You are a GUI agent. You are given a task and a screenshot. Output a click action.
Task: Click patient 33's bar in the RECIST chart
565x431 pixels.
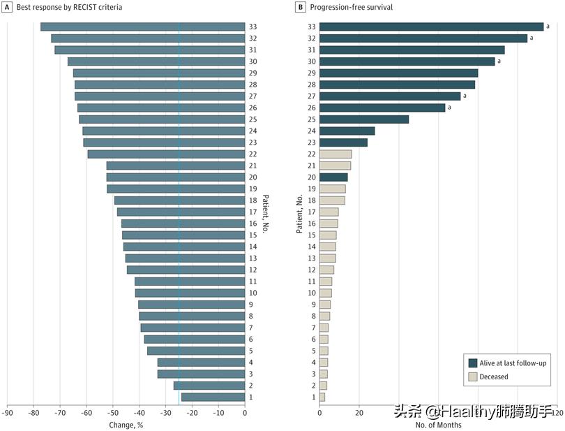coord(142,27)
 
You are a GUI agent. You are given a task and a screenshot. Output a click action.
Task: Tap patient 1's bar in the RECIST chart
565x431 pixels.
coord(213,397)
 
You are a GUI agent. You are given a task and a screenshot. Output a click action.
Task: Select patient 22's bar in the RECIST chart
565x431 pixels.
coord(166,154)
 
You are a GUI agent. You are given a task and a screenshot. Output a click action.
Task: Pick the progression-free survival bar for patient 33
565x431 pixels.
coord(431,27)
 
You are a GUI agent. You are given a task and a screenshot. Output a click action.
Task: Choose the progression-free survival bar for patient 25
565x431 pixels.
coord(364,119)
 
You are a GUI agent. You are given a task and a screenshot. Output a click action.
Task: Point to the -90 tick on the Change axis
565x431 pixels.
coord(7,413)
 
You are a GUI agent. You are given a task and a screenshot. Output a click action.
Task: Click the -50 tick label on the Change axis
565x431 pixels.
coord(113,413)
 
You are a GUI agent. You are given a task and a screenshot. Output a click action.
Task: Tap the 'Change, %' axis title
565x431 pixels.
coord(126,424)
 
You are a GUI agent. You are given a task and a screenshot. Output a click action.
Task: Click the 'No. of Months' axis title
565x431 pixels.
coord(438,424)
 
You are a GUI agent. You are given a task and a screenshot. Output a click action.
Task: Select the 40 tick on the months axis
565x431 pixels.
coord(399,413)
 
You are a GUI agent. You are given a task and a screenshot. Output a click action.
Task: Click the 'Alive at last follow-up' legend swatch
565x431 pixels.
coord(473,363)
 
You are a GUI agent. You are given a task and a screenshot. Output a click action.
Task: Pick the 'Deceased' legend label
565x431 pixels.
coord(495,377)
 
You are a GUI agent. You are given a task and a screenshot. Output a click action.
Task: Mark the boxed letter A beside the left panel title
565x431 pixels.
coord(7,7)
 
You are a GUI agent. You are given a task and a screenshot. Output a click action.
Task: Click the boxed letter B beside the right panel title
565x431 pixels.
coord(301,7)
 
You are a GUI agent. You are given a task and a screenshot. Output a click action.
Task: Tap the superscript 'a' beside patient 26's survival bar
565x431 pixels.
coord(449,107)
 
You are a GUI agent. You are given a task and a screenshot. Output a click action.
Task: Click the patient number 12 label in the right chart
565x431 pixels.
coord(312,270)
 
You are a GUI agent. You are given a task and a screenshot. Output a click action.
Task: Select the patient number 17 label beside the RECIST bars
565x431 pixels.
coord(253,212)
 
